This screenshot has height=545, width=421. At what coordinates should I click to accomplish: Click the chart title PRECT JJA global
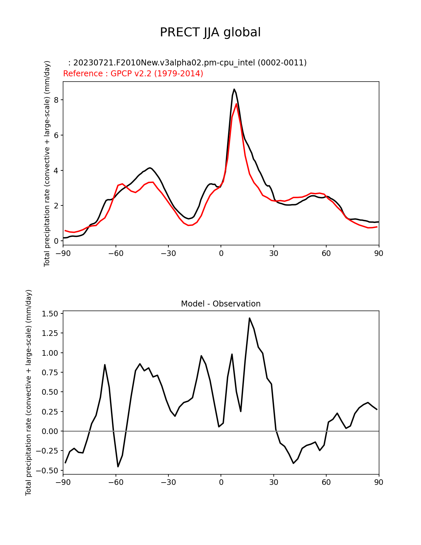tap(210, 32)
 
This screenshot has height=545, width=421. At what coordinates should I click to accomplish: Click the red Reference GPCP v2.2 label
tap(133, 74)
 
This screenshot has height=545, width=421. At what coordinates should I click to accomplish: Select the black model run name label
tap(187, 63)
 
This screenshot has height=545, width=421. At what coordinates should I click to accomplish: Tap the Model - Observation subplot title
tap(221, 304)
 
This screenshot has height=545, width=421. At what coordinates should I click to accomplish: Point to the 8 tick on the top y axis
tap(56, 100)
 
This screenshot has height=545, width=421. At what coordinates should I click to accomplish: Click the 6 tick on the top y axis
tap(56, 135)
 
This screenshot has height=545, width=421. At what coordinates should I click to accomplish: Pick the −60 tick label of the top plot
tap(116, 253)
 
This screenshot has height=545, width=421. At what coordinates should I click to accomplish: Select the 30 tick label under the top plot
tap(273, 253)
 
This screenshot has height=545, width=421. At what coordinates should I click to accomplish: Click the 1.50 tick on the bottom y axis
tap(50, 313)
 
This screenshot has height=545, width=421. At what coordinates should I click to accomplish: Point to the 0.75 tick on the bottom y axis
tap(50, 372)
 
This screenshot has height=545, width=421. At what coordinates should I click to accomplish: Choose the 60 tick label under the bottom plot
tap(326, 482)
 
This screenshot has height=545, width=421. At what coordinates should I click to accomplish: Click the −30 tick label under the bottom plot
tap(168, 482)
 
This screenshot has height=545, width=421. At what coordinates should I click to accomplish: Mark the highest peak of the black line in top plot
tap(234, 89)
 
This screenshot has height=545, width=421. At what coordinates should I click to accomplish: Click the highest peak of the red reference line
tap(236, 104)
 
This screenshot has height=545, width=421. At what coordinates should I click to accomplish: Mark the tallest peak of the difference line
tap(250, 318)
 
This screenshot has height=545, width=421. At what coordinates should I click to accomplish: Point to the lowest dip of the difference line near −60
tap(118, 466)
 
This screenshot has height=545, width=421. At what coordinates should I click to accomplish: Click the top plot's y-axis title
tap(47, 163)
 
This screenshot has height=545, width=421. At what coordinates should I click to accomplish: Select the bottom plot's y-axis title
tap(29, 392)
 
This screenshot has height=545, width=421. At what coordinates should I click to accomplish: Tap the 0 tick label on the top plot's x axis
tap(221, 253)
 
